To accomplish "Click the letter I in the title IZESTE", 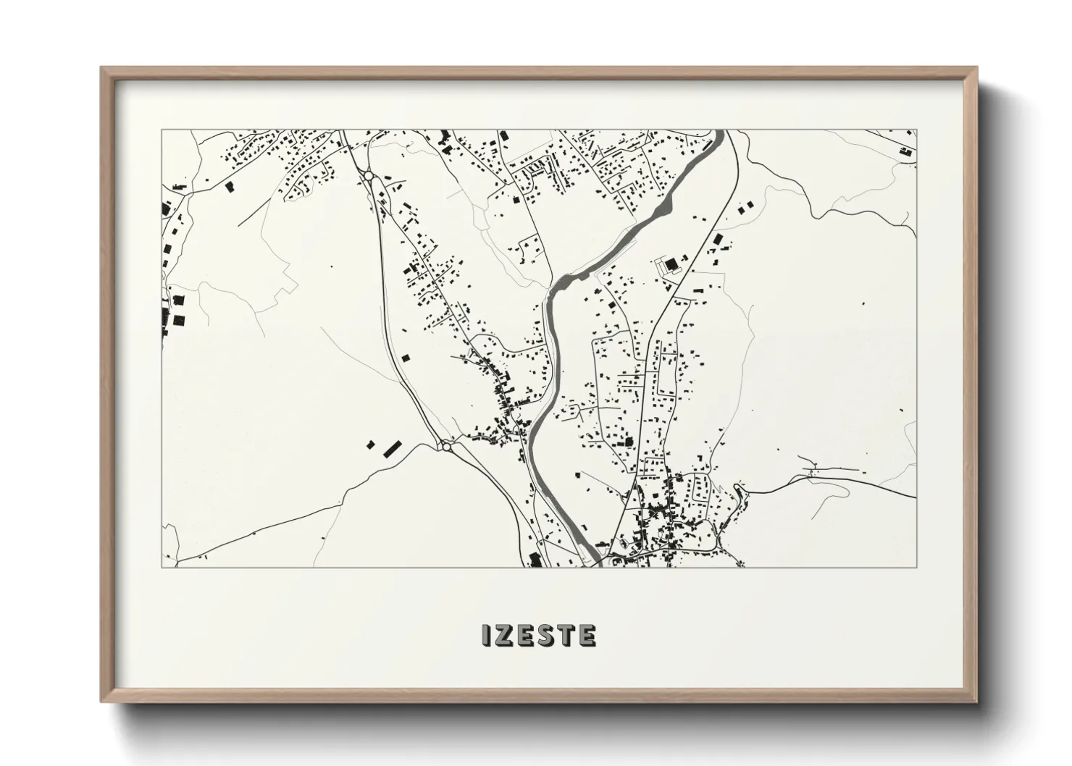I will pos(487,636).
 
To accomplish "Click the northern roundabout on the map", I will pos(368,176).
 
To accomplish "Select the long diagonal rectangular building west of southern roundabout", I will pos(392,448).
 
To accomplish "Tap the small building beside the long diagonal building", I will pos(371,445).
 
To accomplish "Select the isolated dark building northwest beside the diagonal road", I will pos(230,187).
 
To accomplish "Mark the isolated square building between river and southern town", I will pos(578,474).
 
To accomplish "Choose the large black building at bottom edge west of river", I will pos(535,559).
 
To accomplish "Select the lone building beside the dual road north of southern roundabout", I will pos(405,358).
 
